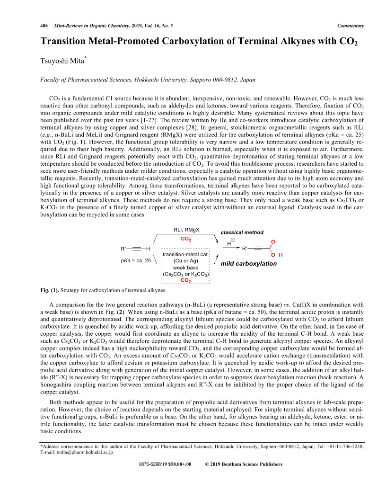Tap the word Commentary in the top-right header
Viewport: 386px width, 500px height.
pos(351,26)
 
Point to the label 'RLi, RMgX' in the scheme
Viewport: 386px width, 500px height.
pos(186,230)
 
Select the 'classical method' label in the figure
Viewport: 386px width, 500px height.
pos(242,232)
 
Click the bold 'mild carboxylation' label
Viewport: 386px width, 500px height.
pos(249,263)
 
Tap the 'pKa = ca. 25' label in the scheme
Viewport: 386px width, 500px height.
pos(136,260)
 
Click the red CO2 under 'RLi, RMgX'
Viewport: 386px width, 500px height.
pos(186,240)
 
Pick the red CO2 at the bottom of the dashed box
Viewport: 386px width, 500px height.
pos(186,281)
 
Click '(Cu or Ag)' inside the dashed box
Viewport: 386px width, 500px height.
pos(186,261)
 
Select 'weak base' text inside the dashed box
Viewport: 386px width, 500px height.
pos(186,268)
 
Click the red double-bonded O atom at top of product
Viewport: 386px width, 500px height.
pos(273,241)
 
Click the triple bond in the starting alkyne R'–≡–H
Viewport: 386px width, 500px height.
pos(137,249)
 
